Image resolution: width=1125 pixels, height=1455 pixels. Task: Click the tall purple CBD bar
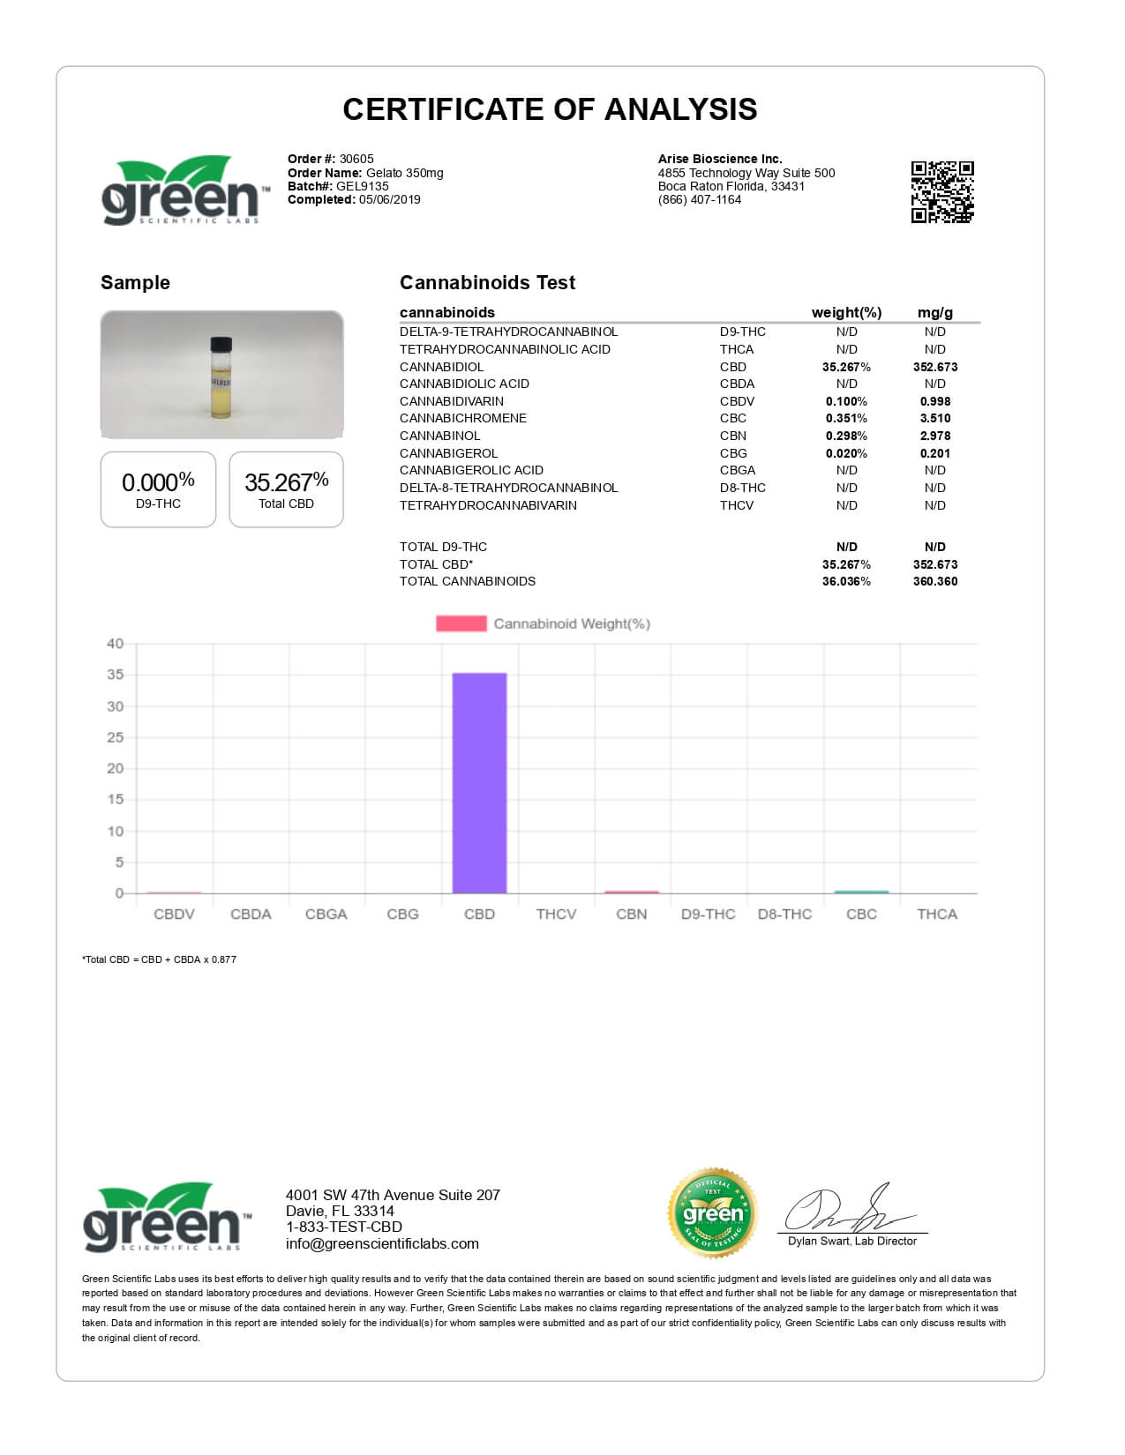pos(479,783)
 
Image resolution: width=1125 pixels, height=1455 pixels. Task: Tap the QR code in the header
pos(941,191)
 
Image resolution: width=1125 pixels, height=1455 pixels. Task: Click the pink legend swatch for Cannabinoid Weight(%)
pos(461,623)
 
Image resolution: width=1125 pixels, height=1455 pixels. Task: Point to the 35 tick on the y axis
pos(115,675)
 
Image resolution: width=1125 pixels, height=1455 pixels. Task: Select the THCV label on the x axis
pos(556,914)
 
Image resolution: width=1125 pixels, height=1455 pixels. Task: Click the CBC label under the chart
pos(861,914)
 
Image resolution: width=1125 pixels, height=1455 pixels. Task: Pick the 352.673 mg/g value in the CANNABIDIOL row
pos(934,367)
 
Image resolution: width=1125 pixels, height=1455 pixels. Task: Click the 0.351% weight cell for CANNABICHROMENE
pos(846,418)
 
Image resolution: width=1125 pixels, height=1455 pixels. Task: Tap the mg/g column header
pos(934,312)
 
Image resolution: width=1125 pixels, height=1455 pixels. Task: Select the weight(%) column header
pos(846,312)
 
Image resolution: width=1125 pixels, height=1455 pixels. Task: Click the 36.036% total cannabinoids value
pos(846,581)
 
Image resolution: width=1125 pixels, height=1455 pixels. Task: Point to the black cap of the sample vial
pos(221,344)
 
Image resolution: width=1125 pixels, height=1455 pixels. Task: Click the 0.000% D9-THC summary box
pos(158,489)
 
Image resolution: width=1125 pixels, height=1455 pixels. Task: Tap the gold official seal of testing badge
pos(713,1213)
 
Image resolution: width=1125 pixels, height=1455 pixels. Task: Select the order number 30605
pos(356,160)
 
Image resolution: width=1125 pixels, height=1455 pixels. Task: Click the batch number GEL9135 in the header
pos(362,186)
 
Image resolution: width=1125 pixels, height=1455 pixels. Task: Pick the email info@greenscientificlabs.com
pos(382,1243)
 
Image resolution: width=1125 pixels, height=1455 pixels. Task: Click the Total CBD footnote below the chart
pos(159,959)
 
